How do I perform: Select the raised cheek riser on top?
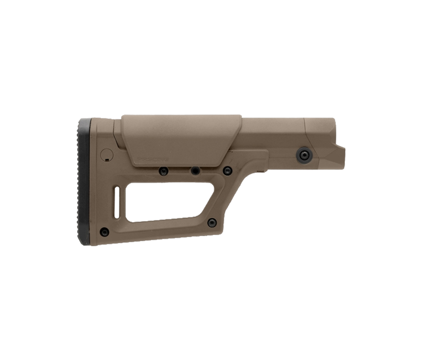tap(180, 139)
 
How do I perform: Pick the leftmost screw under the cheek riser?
tap(163, 172)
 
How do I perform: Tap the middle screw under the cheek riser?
tap(195, 171)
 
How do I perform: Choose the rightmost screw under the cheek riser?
tap(227, 171)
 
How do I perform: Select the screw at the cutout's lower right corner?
tap(212, 223)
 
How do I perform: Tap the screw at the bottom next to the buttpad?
tap(104, 232)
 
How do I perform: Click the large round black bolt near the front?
tap(304, 154)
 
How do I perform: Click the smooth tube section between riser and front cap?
tap(272, 131)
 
